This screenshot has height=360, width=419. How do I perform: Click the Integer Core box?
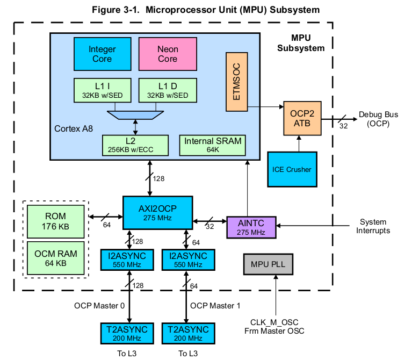pyautogui.click(x=102, y=54)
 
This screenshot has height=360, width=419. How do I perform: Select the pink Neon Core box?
pyautogui.click(x=168, y=54)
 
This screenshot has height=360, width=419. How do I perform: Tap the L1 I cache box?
pyautogui.click(x=102, y=90)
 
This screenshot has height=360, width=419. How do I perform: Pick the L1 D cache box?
pyautogui.click(x=168, y=90)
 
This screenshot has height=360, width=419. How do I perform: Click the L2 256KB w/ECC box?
pyautogui.click(x=134, y=145)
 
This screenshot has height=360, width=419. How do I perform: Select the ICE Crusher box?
pyautogui.click(x=292, y=169)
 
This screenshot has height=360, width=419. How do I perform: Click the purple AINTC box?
pyautogui.click(x=250, y=227)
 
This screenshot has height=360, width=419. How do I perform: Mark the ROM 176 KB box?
pyautogui.click(x=55, y=221)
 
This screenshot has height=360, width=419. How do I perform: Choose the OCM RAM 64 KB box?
pyautogui.click(x=55, y=258)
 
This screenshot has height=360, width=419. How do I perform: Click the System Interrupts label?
pyautogui.click(x=372, y=226)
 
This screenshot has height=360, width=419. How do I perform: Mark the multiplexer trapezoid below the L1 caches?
pyautogui.click(x=135, y=114)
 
